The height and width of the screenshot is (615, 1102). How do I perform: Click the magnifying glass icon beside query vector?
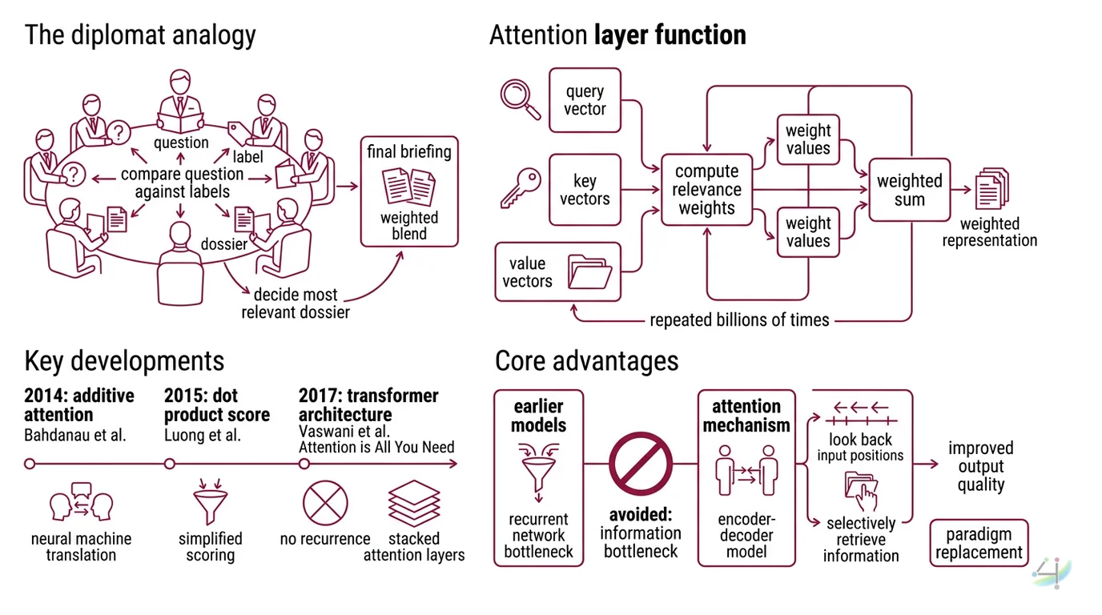pyautogui.click(x=521, y=95)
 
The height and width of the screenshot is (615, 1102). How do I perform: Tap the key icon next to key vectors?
pyautogui.click(x=521, y=188)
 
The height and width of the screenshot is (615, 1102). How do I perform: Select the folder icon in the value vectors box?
pyautogui.click(x=589, y=271)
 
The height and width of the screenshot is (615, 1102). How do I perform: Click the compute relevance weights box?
pyautogui.click(x=706, y=190)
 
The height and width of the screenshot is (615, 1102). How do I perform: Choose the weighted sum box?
pyautogui.click(x=909, y=190)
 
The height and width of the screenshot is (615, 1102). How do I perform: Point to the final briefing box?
pyautogui.click(x=409, y=191)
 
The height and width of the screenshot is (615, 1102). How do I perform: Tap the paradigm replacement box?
pyautogui.click(x=979, y=543)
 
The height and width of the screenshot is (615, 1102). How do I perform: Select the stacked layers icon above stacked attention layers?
pyautogui.click(x=414, y=503)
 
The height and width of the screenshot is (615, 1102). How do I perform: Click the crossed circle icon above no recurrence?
pyautogui.click(x=325, y=503)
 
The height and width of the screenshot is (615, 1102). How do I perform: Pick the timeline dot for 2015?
pyautogui.click(x=169, y=464)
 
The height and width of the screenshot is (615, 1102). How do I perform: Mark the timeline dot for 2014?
pyautogui.click(x=30, y=464)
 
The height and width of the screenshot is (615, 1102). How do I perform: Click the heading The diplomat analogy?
pyautogui.click(x=140, y=35)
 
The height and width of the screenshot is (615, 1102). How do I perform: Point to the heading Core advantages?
pyautogui.click(x=586, y=361)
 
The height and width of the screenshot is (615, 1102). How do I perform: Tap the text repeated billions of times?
pyautogui.click(x=739, y=320)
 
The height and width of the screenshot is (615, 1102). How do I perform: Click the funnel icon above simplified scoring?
pyautogui.click(x=210, y=503)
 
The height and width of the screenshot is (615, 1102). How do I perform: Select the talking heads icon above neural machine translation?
pyautogui.click(x=81, y=503)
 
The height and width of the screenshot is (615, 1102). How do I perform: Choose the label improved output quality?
pyautogui.click(x=980, y=466)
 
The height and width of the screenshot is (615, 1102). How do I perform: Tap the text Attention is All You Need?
pyautogui.click(x=376, y=447)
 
